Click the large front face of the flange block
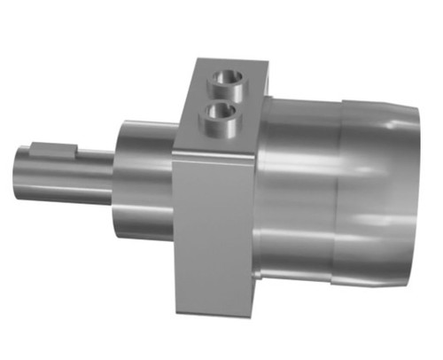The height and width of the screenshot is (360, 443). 213,231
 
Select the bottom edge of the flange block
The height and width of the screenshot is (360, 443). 213,312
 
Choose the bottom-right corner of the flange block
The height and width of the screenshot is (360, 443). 253,312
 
